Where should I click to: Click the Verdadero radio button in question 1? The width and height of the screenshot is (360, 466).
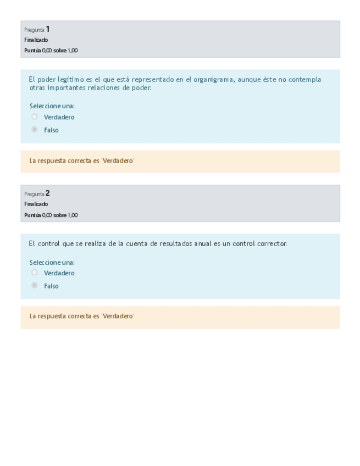coord(35,117)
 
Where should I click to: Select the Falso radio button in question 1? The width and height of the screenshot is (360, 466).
coord(35,130)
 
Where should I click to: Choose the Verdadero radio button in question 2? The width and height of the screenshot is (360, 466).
coord(35,273)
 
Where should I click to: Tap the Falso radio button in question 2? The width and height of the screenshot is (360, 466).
coord(35,286)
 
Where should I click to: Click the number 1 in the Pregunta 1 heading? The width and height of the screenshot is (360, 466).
coord(48,29)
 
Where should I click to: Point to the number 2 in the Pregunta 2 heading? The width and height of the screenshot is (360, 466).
coord(48,193)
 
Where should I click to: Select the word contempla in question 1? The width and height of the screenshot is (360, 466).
coord(304,80)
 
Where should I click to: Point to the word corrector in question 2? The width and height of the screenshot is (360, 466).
coord(272,243)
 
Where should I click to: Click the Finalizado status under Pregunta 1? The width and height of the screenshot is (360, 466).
coord(36,40)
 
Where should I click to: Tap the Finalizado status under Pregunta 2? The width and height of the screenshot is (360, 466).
coord(36,204)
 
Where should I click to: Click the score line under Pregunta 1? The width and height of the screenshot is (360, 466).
coord(51,51)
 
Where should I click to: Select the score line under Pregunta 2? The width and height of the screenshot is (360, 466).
coord(51,215)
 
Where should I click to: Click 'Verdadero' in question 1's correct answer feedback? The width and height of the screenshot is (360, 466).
coord(118,161)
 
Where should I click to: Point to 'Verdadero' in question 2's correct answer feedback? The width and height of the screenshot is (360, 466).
coord(118,317)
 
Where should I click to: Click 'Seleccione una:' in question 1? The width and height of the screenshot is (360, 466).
coord(52,106)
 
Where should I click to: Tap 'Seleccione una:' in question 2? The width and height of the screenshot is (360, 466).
coord(52,263)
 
